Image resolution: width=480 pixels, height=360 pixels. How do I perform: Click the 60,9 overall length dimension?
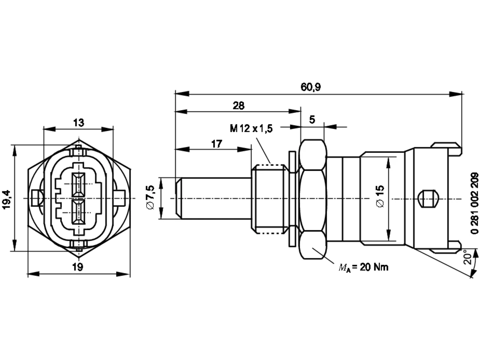[x=310, y=87]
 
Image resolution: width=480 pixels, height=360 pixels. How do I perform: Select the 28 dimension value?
[x=238, y=106]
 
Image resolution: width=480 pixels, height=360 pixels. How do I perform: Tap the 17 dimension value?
[x=216, y=144]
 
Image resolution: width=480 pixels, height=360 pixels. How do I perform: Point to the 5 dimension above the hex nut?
[x=312, y=120]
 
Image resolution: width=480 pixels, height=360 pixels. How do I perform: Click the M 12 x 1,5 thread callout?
[x=251, y=128]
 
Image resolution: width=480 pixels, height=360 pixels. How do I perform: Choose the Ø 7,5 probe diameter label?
[x=151, y=197]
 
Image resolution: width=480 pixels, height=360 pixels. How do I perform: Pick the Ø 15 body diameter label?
[x=380, y=196]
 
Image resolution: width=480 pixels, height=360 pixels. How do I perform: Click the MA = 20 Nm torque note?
[x=363, y=267]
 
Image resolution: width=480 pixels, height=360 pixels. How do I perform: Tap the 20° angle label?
[x=468, y=257]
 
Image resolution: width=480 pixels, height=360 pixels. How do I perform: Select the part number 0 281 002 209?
[x=474, y=203]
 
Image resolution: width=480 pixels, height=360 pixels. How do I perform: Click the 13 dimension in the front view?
[x=78, y=123]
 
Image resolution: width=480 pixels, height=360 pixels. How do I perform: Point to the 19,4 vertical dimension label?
[x=6, y=199]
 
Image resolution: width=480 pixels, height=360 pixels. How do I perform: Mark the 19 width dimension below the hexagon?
[x=78, y=267]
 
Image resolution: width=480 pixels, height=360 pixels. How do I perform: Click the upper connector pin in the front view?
[x=78, y=184]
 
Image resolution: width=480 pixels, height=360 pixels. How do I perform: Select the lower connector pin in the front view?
[x=78, y=211]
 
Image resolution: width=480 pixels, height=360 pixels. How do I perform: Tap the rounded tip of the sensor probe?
[x=178, y=198]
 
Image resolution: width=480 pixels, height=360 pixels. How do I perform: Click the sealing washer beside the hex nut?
[x=292, y=199]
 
